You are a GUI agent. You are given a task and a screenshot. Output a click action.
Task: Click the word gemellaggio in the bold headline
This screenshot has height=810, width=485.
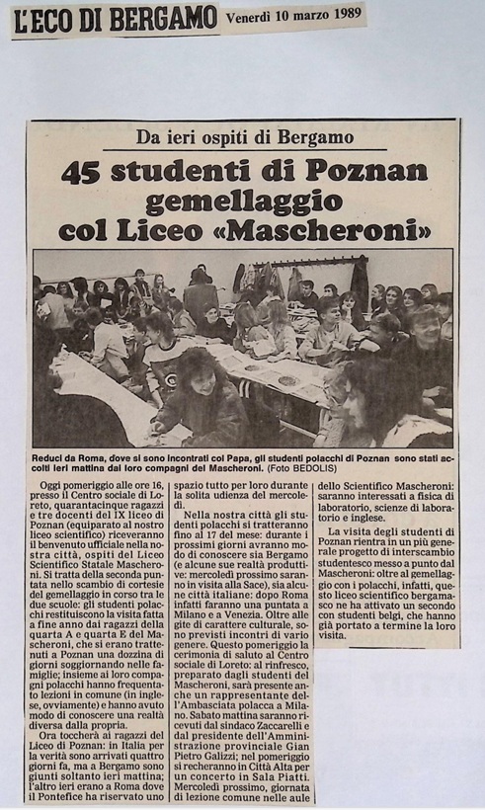(x=243, y=202)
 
